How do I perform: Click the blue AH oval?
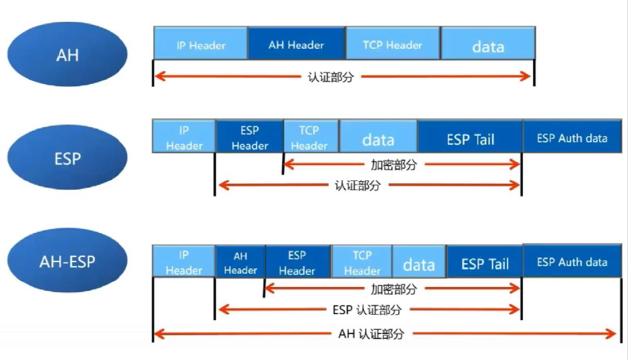[x=67, y=54]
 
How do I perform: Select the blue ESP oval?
[x=67, y=159]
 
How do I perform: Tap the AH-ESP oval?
[x=67, y=261]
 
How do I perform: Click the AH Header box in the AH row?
[x=296, y=45]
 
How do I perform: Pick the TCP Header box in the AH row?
[x=393, y=45]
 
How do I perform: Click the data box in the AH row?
[x=488, y=46]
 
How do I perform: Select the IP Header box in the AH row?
[x=201, y=45]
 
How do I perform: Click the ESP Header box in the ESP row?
[x=249, y=137]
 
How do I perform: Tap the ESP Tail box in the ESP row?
[x=470, y=139]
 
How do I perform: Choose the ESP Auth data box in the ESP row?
[x=572, y=138]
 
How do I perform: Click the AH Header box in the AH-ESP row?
[x=240, y=263]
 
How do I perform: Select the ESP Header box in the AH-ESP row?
[x=297, y=263]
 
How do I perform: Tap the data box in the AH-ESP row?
[x=419, y=264]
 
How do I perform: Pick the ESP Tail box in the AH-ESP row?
[x=485, y=264]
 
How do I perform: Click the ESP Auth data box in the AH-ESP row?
[x=572, y=262]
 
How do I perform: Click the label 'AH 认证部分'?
[x=371, y=334]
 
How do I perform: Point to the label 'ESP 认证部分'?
[x=367, y=309]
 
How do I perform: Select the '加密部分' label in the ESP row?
[x=394, y=165]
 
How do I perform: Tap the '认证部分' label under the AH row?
[x=331, y=77]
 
